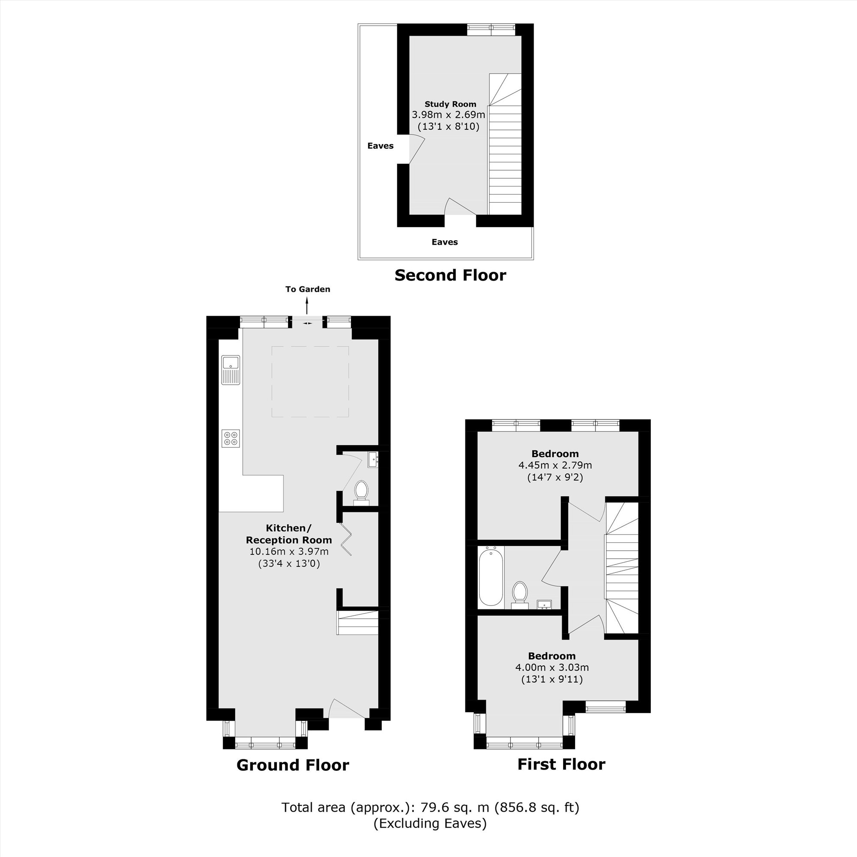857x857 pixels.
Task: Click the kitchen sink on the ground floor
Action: (231, 369)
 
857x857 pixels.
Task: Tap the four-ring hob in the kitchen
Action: (231, 438)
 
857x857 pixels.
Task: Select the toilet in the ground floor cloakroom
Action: (362, 491)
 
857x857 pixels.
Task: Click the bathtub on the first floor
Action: (491, 576)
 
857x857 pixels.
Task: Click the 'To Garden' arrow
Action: (307, 306)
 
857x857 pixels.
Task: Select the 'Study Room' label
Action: (450, 104)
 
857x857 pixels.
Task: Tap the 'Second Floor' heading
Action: (450, 276)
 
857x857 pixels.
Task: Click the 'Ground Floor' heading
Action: (293, 765)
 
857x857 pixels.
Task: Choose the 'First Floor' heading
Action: (561, 764)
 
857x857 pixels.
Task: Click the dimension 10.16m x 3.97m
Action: (289, 552)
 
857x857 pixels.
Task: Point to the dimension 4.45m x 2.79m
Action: (555, 465)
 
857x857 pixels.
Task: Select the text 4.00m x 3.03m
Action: (552, 667)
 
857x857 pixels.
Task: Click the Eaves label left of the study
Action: (380, 146)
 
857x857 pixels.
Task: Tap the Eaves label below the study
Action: (444, 242)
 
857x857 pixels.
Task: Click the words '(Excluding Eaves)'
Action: (430, 824)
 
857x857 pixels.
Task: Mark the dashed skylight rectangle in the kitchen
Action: (310, 381)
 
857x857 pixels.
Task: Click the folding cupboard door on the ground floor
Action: (346, 539)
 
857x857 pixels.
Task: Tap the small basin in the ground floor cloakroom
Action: (373, 459)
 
